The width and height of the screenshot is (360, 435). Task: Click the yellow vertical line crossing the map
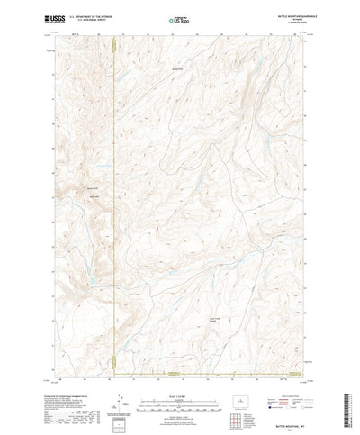115,198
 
